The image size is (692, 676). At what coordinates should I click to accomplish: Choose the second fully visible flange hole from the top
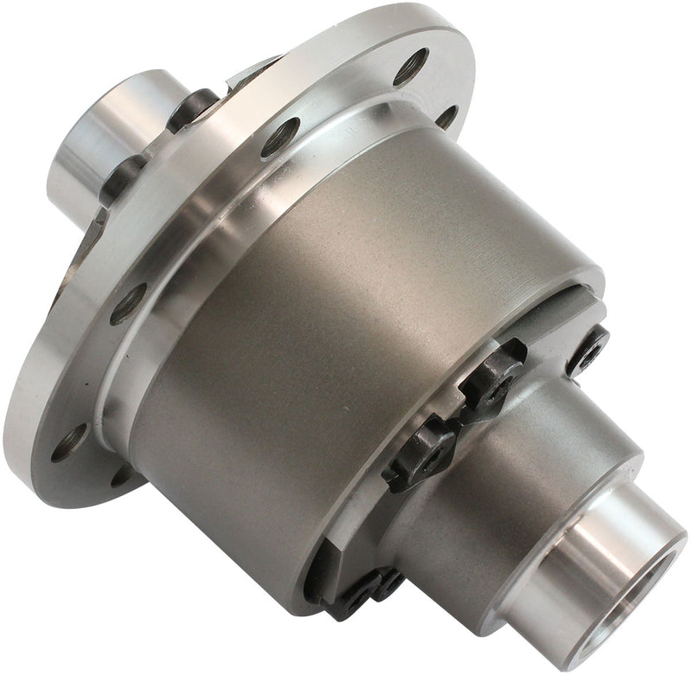click(x=282, y=136)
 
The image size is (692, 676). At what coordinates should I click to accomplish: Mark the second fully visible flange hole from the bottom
click(x=128, y=303)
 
